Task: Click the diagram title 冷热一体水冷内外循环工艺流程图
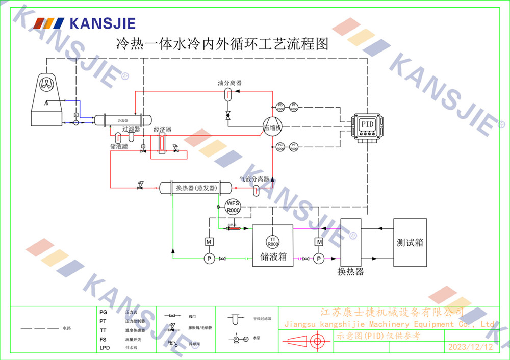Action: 222,43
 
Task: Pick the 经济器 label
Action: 162,130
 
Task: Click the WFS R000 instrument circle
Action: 233,207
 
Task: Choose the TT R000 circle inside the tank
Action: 273,241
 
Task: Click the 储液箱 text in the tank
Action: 273,256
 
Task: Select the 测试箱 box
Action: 410,243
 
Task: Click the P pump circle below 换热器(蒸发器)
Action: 209,259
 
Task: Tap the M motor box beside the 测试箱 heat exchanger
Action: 319,242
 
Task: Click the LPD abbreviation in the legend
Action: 105,348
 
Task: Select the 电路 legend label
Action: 67,328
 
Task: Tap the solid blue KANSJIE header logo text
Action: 102,23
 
